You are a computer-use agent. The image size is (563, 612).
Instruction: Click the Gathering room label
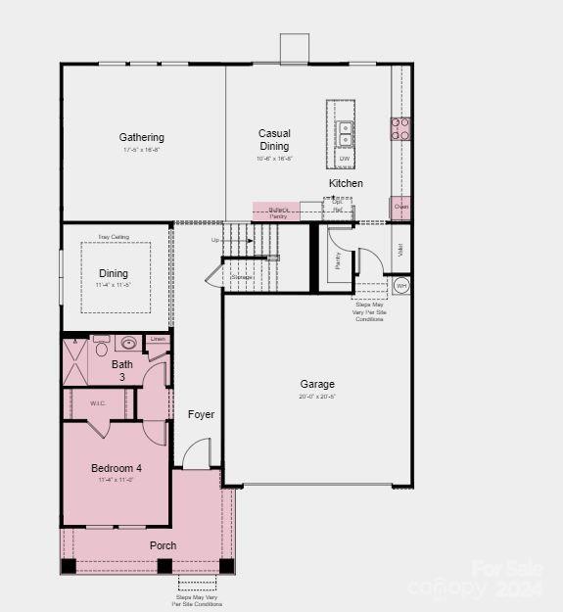[x=142, y=137]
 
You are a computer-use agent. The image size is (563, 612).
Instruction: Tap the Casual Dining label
[x=274, y=139]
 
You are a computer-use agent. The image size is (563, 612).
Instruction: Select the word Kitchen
[x=346, y=183]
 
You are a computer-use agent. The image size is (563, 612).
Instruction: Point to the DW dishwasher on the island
[x=345, y=158]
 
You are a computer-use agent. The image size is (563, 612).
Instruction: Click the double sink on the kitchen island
[x=345, y=128]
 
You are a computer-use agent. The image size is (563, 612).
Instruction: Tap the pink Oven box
[x=400, y=207]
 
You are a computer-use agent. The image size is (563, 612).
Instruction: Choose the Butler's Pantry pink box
[x=277, y=212]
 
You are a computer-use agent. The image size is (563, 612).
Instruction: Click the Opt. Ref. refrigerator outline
[x=338, y=208]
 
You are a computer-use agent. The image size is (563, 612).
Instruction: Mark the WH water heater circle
[x=401, y=286]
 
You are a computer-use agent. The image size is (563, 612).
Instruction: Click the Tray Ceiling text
[x=113, y=237]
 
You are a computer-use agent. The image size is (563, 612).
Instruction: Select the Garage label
[x=317, y=384]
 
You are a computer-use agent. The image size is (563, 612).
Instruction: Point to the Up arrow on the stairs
[x=216, y=240]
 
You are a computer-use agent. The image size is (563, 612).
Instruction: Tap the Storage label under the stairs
[x=242, y=277]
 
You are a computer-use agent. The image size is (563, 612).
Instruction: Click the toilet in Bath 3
[x=101, y=348]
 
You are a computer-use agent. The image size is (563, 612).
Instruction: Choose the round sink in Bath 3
[x=128, y=343]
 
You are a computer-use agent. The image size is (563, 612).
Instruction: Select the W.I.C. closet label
[x=97, y=401]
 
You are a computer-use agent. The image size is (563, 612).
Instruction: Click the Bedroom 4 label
[x=117, y=467]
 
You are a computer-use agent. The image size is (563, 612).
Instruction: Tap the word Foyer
[x=201, y=414]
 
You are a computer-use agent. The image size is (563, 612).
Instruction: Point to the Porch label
[x=163, y=544]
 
